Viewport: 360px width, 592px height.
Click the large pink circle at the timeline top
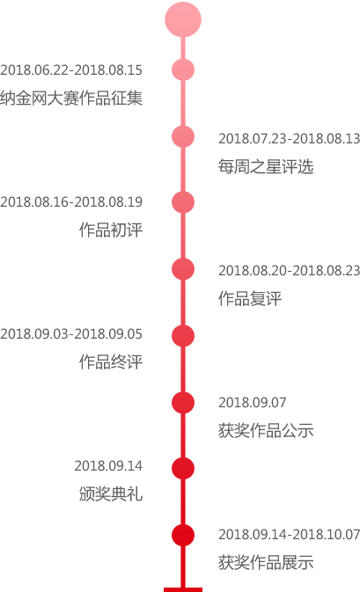183,19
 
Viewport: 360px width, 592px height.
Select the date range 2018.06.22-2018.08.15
71,70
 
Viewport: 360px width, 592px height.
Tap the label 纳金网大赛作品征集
71,99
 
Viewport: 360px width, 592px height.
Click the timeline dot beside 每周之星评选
183,136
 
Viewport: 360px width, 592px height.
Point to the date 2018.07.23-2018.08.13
289,139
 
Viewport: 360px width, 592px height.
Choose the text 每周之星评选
266,166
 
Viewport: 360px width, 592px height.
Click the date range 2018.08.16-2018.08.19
71,202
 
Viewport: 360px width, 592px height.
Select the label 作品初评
111,230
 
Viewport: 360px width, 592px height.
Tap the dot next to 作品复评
183,269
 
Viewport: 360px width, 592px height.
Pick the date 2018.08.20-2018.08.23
289,270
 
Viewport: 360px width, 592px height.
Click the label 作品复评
250,298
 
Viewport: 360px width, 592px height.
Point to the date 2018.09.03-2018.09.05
71,334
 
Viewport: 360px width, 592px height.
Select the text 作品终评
111,362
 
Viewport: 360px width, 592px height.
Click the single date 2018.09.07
253,403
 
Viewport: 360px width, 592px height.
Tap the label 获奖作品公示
266,430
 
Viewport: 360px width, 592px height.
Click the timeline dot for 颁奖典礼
183,468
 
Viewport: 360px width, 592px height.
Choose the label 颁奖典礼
111,493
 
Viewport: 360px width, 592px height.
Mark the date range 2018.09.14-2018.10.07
289,534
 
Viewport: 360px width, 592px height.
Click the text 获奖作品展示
266,562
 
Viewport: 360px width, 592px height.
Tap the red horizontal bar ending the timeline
183,589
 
